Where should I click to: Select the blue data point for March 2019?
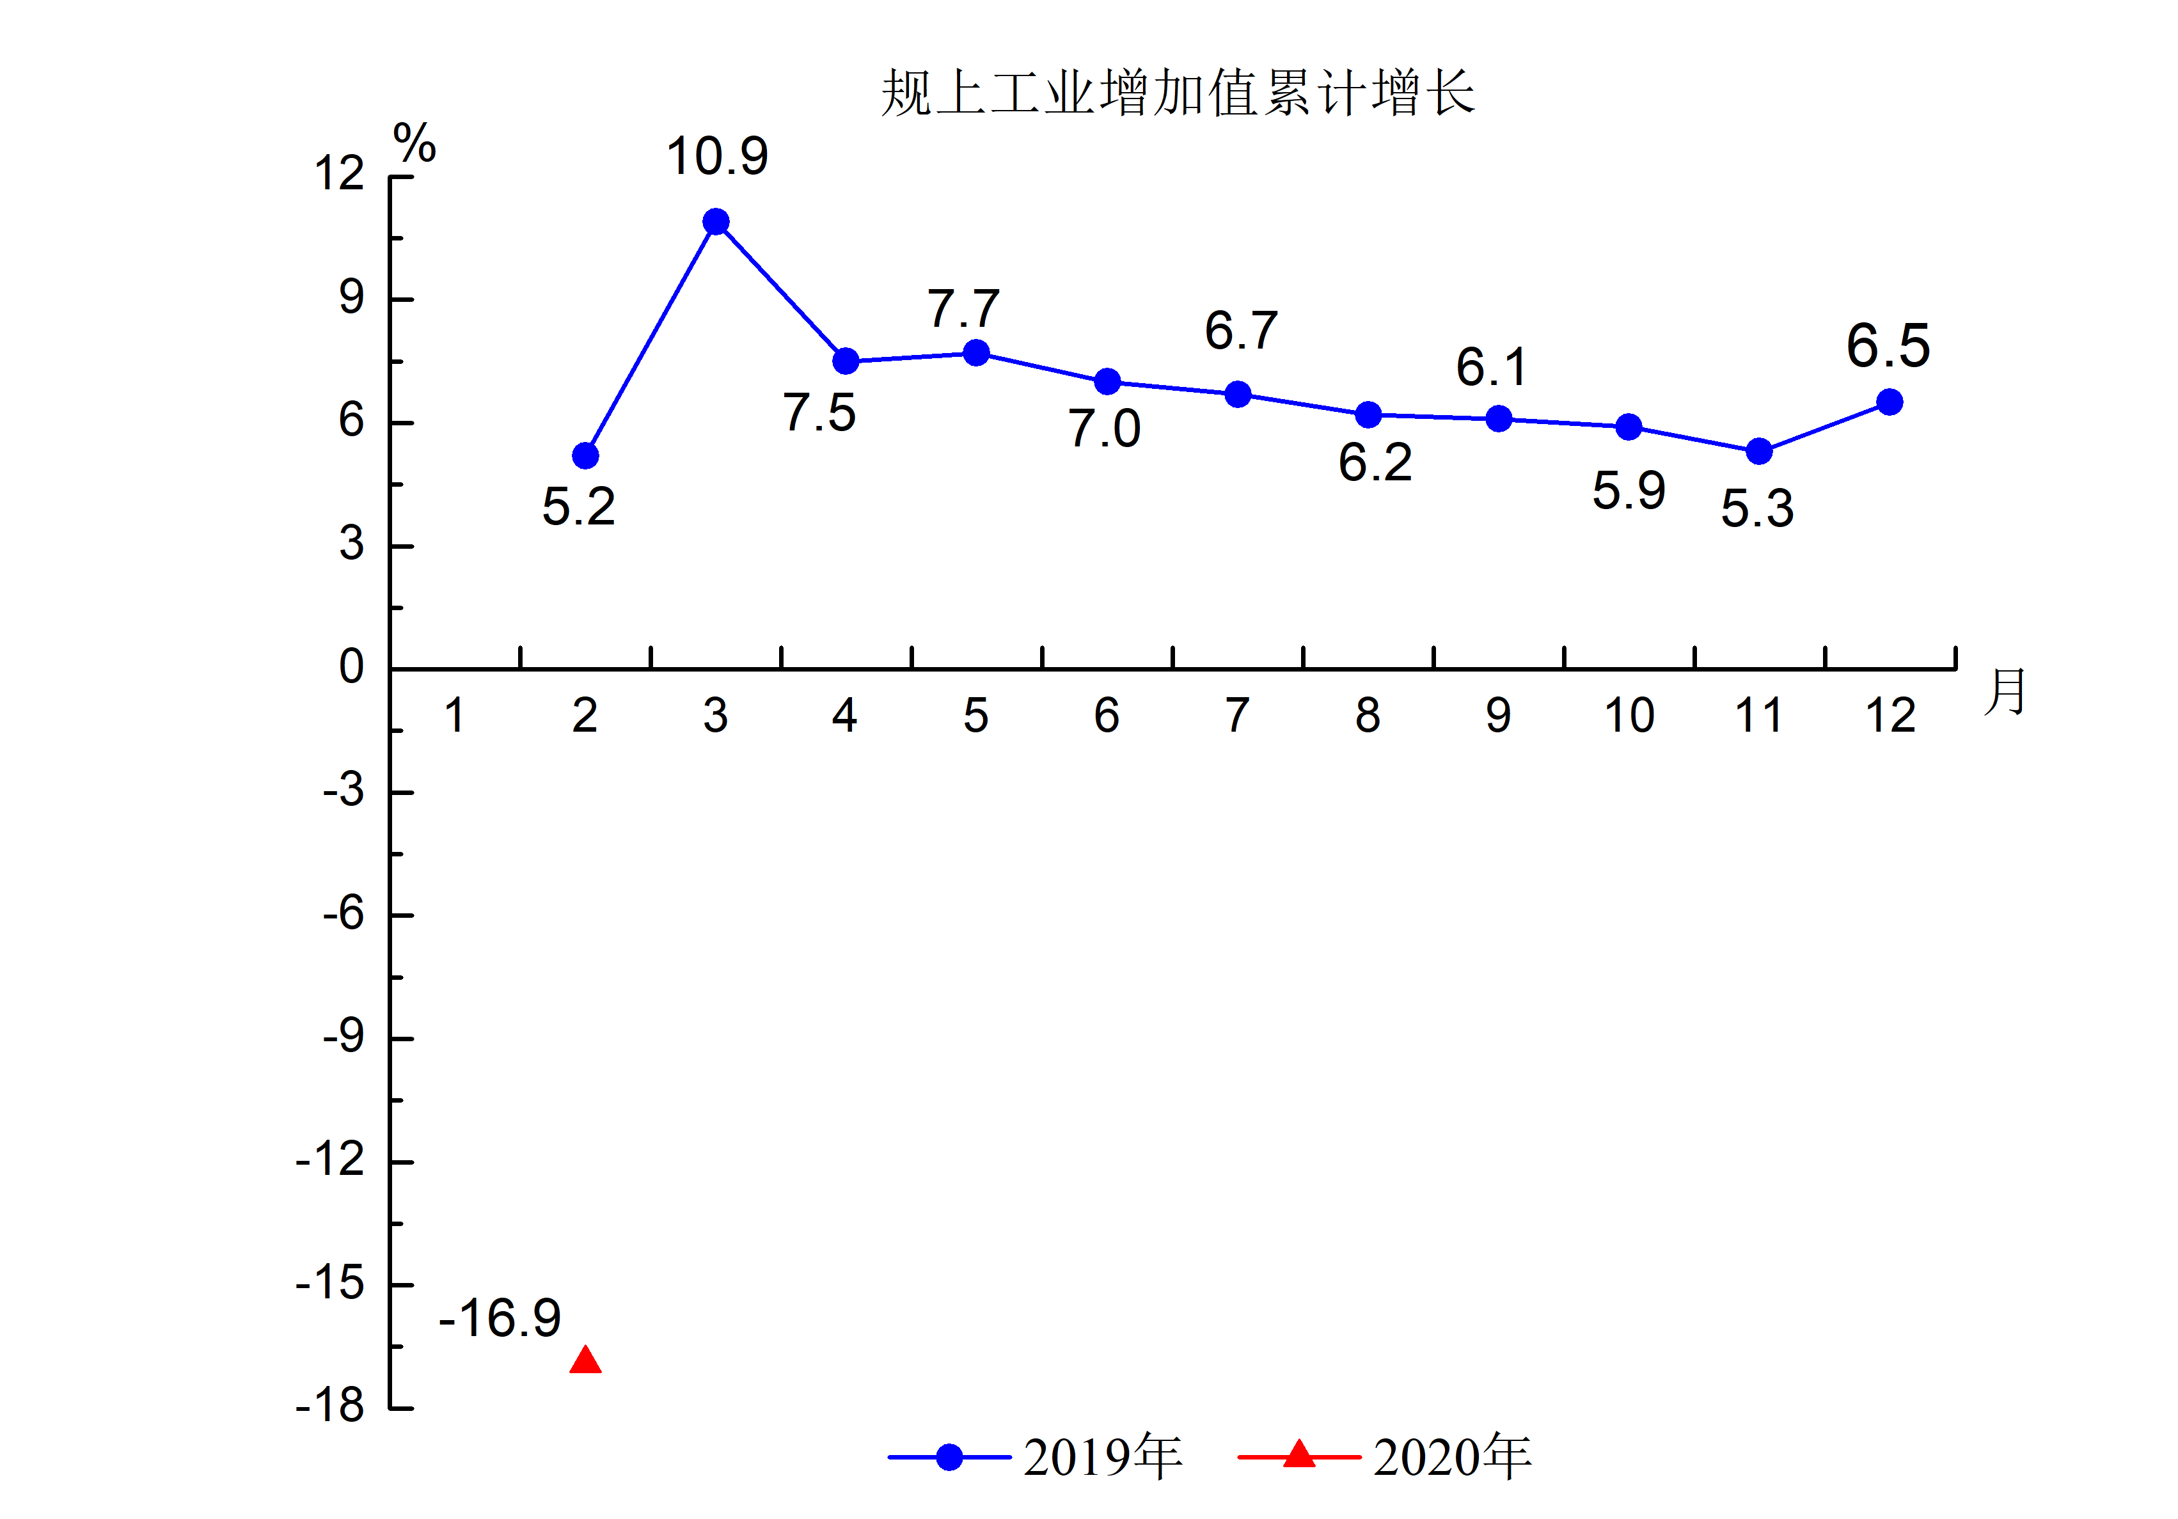point(716,222)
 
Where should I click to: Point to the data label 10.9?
point(716,157)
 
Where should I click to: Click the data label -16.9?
point(500,1318)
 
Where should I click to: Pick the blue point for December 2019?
point(1889,402)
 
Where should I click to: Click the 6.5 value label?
point(1888,345)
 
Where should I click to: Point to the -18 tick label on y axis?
point(330,1405)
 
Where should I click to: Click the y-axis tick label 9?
point(351,298)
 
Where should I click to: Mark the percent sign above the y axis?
point(414,143)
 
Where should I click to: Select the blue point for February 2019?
point(585,457)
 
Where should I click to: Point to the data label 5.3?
point(1757,508)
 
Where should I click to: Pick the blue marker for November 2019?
point(1759,452)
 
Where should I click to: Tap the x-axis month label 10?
point(1629,716)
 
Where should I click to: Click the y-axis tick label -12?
point(330,1160)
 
